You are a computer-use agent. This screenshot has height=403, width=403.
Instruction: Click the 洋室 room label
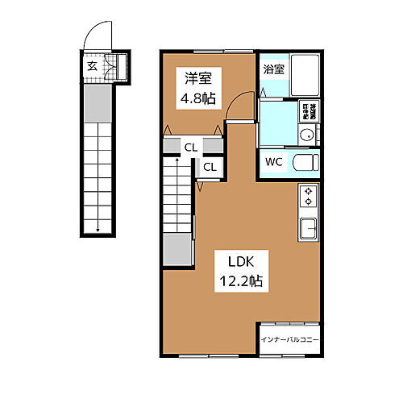pos(198,78)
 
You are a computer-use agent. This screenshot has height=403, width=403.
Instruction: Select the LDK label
pos(233,263)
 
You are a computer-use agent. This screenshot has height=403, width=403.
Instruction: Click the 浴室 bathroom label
pos(274,69)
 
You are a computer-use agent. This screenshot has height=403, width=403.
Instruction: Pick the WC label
pos(274,161)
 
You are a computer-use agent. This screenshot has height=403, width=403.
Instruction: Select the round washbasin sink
pos(307,135)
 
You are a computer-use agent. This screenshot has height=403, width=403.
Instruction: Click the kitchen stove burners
pos(310,196)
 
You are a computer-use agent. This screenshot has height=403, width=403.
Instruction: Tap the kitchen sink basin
pos(310,229)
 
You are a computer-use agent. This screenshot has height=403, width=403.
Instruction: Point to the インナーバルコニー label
pos(289,340)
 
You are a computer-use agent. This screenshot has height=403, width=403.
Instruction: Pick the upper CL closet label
pos(191,147)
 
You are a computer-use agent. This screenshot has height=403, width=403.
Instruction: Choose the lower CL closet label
pos(208,167)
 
